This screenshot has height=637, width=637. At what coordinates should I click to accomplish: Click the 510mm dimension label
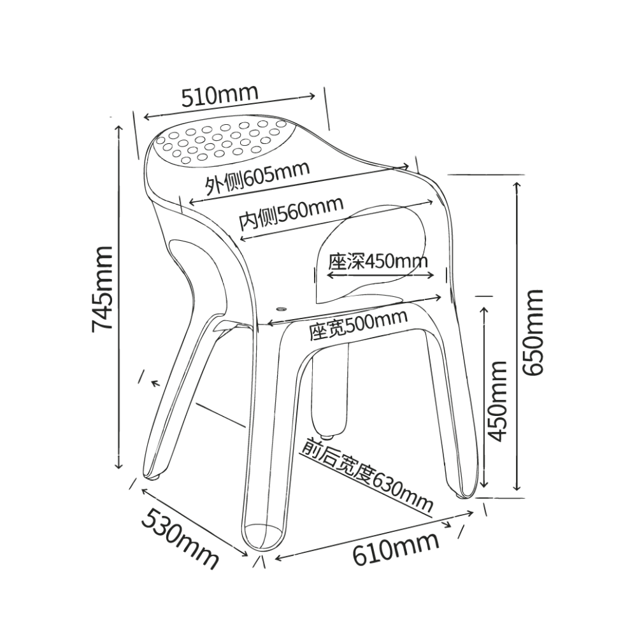click(x=220, y=96)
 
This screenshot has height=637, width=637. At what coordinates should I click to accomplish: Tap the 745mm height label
click(x=101, y=289)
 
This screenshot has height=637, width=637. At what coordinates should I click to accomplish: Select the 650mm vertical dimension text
click(x=532, y=332)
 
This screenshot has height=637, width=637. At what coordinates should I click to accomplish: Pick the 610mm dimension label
click(x=396, y=548)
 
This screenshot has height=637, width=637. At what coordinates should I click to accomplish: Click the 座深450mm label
click(x=378, y=261)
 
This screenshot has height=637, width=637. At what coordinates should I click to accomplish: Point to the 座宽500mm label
click(x=358, y=325)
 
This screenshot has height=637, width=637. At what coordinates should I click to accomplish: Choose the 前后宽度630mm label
click(x=367, y=475)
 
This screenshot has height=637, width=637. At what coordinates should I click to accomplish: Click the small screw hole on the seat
click(x=281, y=309)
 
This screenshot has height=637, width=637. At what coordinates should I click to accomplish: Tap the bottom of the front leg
click(x=262, y=537)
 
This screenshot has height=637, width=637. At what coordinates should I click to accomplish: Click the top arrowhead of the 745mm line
click(x=118, y=129)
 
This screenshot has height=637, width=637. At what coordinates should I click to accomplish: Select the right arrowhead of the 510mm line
click(x=311, y=96)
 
